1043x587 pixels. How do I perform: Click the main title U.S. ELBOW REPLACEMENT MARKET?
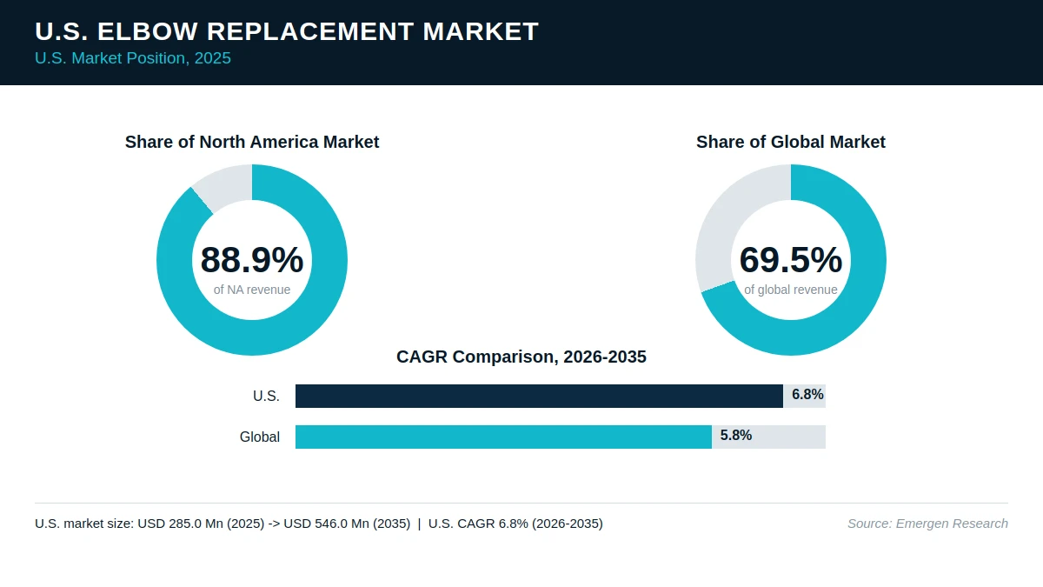point(287,31)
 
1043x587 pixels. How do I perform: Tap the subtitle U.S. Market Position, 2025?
point(133,58)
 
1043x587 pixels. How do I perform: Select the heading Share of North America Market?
point(252,142)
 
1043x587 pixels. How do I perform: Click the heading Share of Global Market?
point(791,142)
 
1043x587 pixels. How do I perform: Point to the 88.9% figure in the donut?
point(252,259)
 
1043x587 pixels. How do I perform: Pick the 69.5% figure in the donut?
point(791,259)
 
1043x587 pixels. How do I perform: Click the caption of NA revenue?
point(252,290)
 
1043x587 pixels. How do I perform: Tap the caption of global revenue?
point(791,290)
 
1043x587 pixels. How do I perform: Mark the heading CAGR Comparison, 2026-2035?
point(521,357)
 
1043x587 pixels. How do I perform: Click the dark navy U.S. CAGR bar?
point(539,396)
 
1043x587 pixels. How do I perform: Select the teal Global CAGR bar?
point(503,437)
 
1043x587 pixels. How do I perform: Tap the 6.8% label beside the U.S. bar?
point(807,395)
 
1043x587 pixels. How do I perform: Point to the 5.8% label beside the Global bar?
point(735,436)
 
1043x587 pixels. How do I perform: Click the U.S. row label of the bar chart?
point(266,396)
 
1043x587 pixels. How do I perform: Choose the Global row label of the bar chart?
point(260,437)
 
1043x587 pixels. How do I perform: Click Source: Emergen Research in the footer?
point(927,524)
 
